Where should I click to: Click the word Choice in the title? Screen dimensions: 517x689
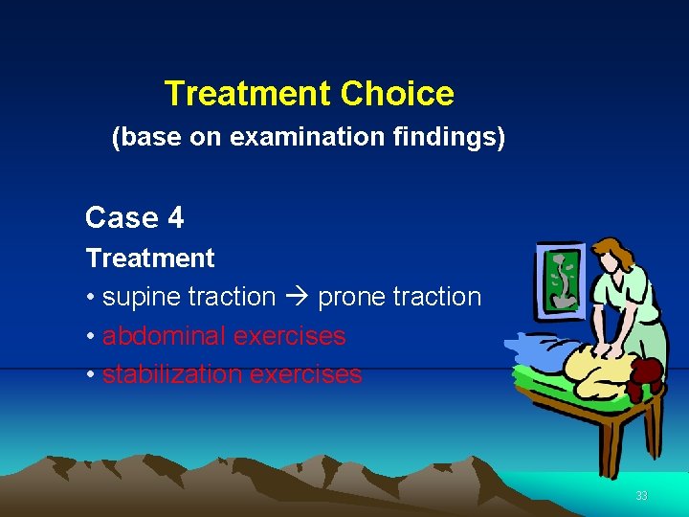coord(396,94)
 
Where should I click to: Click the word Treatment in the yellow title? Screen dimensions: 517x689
coord(247,94)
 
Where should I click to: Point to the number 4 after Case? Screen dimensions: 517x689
coord(175,218)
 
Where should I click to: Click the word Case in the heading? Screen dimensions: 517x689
coord(122,218)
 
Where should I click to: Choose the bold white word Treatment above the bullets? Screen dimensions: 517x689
coord(150,258)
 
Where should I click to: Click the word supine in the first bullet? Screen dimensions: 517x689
coord(141,298)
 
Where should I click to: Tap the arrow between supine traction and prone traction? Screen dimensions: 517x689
coord(296,298)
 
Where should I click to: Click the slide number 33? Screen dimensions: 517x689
coord(641,496)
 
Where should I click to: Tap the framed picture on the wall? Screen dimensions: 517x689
coord(565,279)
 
